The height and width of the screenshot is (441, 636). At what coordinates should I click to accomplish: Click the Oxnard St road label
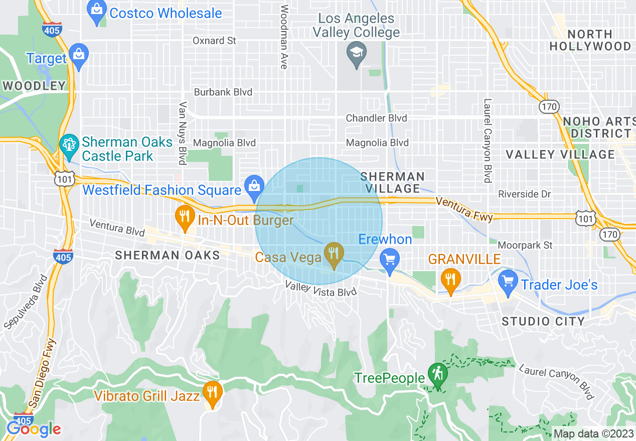(214, 41)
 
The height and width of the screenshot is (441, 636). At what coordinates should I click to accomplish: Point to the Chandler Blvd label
(376, 118)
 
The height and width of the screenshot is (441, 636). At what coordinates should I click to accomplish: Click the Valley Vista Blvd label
(321, 289)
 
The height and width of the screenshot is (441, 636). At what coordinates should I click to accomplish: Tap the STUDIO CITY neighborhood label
(543, 321)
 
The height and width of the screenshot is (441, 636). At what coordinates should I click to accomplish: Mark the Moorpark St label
(525, 245)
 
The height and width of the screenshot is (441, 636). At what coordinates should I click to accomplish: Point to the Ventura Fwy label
(464, 209)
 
